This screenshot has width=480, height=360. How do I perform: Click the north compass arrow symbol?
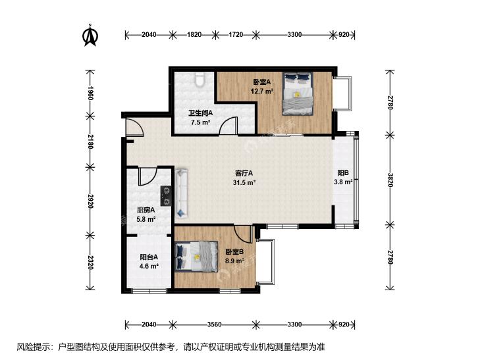(90, 36)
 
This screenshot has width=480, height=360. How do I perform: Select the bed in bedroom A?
(298, 93)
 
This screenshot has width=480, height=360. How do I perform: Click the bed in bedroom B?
(196, 256)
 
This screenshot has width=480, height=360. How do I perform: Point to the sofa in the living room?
(182, 193)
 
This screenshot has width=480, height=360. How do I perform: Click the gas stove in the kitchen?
(166, 195)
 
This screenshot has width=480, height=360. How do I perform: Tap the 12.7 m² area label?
(262, 91)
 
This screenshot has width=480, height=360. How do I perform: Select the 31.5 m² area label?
(244, 182)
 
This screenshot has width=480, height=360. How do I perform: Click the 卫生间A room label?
(201, 113)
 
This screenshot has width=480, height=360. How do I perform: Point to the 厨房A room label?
(146, 210)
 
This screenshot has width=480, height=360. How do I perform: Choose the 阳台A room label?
(149, 257)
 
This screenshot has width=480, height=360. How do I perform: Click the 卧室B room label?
(234, 251)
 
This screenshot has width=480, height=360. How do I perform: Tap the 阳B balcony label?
(343, 173)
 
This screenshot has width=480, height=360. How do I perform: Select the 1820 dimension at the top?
(194, 35)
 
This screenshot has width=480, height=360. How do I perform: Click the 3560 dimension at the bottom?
(214, 324)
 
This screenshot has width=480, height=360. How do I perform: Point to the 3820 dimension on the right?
(390, 180)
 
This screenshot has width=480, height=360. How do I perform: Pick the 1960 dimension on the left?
(90, 93)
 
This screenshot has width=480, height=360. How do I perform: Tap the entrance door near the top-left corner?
(134, 126)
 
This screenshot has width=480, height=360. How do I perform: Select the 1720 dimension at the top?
(236, 35)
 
